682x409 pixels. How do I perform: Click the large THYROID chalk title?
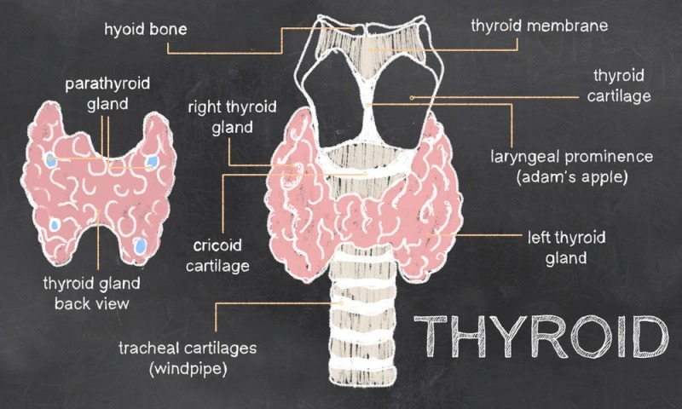pyautogui.click(x=540, y=336)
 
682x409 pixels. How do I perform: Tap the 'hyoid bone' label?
pyautogui.click(x=146, y=29)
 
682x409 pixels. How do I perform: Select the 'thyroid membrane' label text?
pyautogui.click(x=540, y=26)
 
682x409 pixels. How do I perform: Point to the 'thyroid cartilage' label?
pyautogui.click(x=619, y=85)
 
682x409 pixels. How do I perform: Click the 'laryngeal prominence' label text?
pyautogui.click(x=571, y=157)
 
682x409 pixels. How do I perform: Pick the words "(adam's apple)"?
pyautogui.click(x=572, y=177)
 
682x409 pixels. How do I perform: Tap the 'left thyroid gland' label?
pyautogui.click(x=566, y=248)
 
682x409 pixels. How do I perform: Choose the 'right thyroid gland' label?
pyautogui.click(x=232, y=117)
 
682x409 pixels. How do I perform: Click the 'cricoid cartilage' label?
pyautogui.click(x=217, y=256)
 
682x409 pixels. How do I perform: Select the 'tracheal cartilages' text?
pyautogui.click(x=188, y=349)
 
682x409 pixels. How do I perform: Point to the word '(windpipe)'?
pyautogui.click(x=188, y=369)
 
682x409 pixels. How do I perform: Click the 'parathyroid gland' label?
pyautogui.click(x=107, y=94)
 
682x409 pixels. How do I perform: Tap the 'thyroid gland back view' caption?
pyautogui.click(x=92, y=293)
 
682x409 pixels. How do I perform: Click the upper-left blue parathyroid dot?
pyautogui.click(x=51, y=159)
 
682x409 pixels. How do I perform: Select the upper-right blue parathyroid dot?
pyautogui.click(x=152, y=162)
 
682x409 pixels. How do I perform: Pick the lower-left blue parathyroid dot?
pyautogui.click(x=55, y=225)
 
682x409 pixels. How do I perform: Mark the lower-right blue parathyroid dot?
pyautogui.click(x=140, y=246)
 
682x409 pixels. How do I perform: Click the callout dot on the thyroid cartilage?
pyautogui.click(x=412, y=98)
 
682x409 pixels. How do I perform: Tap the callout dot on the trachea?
pyautogui.click(x=342, y=303)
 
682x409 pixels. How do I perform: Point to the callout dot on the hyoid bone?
pyautogui.click(x=353, y=28)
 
